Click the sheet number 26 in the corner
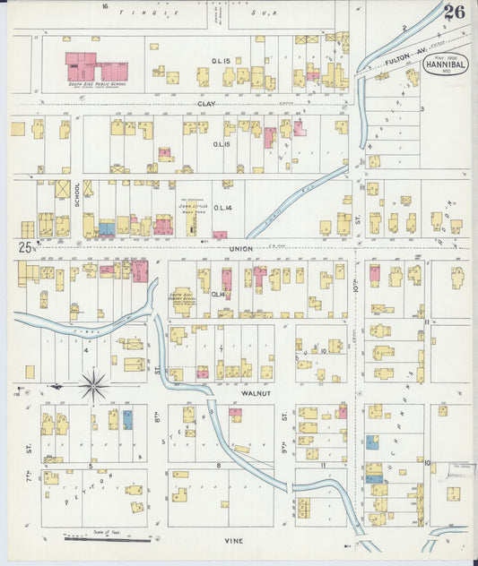click(454, 13)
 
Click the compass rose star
click(93, 386)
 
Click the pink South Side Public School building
click(94, 68)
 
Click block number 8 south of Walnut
click(218, 466)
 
